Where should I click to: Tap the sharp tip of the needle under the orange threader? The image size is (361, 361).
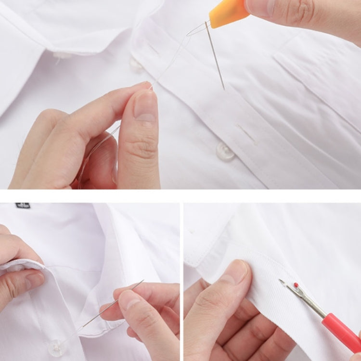[x=224, y=89]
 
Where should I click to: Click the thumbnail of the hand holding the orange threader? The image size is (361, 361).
[x=262, y=6]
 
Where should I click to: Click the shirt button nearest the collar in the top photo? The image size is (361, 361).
[x=136, y=64]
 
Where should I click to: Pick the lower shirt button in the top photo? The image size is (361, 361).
[x=225, y=152]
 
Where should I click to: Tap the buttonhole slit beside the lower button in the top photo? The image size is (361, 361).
[x=246, y=134]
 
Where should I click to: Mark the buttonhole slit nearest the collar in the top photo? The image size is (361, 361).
[x=154, y=49]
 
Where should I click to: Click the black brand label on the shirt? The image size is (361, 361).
[x=23, y=206]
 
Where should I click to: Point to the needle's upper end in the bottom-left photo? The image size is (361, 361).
[x=142, y=281]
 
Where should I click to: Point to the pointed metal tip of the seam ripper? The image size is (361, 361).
[x=281, y=280]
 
